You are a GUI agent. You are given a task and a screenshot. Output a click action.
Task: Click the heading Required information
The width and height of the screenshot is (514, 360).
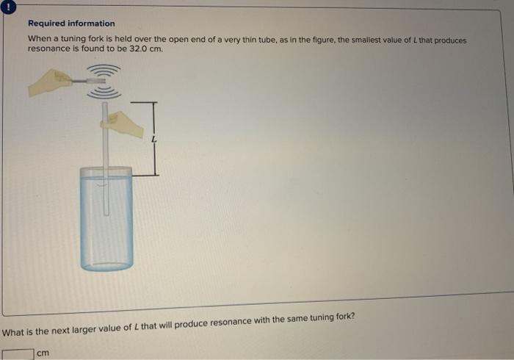pyautogui.click(x=71, y=24)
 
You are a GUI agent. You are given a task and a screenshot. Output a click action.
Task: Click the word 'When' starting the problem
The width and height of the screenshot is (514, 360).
pyautogui.click(x=39, y=39)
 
